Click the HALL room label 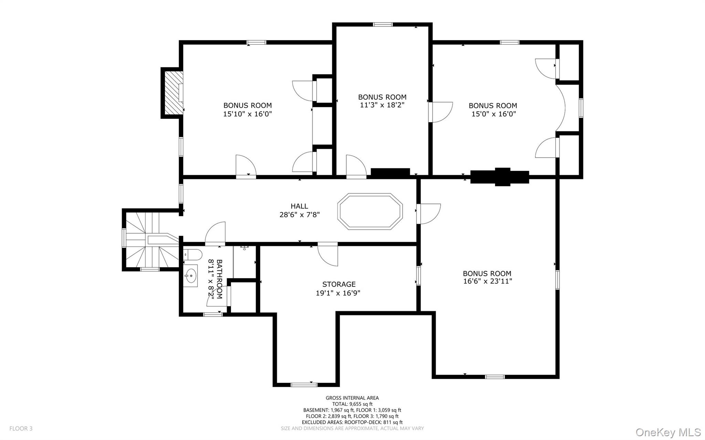299,206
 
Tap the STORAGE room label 339,284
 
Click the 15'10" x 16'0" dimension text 248,114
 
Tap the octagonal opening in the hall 370,211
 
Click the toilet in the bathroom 192,255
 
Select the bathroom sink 190,275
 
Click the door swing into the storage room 328,255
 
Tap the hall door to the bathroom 215,233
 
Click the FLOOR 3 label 21,429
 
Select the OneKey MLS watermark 668,432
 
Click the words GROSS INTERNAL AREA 352,398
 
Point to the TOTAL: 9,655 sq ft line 352,404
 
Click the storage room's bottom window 304,385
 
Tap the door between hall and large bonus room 429,214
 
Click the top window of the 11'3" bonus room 383,24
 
